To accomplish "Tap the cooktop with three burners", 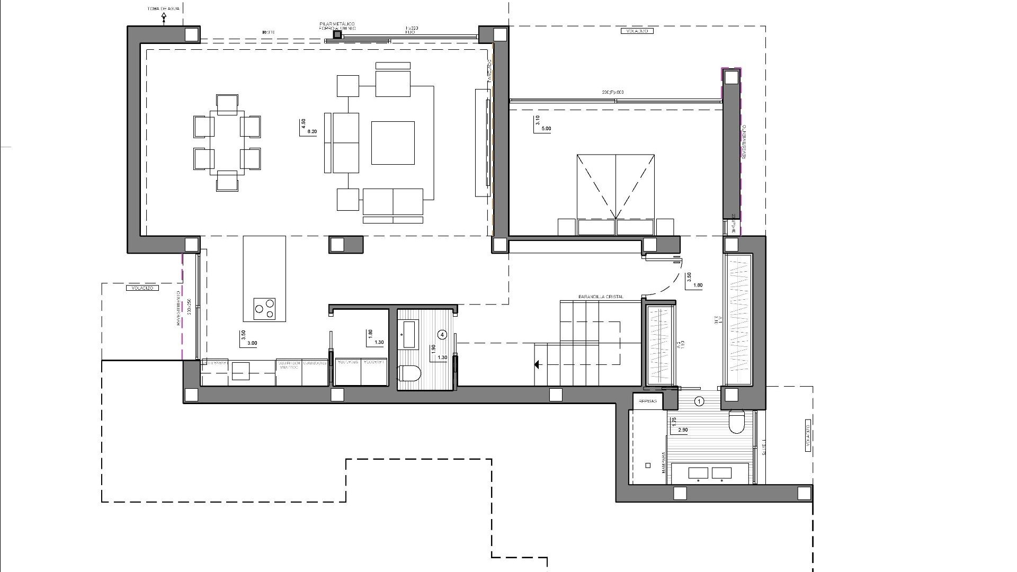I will (x=264, y=309).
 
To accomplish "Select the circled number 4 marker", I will (x=443, y=334).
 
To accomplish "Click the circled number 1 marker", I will (x=699, y=401).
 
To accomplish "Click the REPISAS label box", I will (x=647, y=401).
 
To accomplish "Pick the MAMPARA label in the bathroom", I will (x=663, y=462).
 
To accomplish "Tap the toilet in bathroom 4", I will (x=409, y=374).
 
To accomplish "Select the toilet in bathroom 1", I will (x=737, y=422).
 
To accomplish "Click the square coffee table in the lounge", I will (x=392, y=143).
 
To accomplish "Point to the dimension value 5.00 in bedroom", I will (x=546, y=129).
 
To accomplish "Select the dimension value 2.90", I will (x=682, y=430).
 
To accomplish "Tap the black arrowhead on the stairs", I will (x=537, y=364).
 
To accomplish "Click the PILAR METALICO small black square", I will (x=337, y=35).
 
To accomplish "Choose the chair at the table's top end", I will (x=227, y=104).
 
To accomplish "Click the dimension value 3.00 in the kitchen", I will (x=252, y=343).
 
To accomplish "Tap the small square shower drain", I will (x=648, y=466).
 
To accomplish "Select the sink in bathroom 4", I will (x=408, y=334).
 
